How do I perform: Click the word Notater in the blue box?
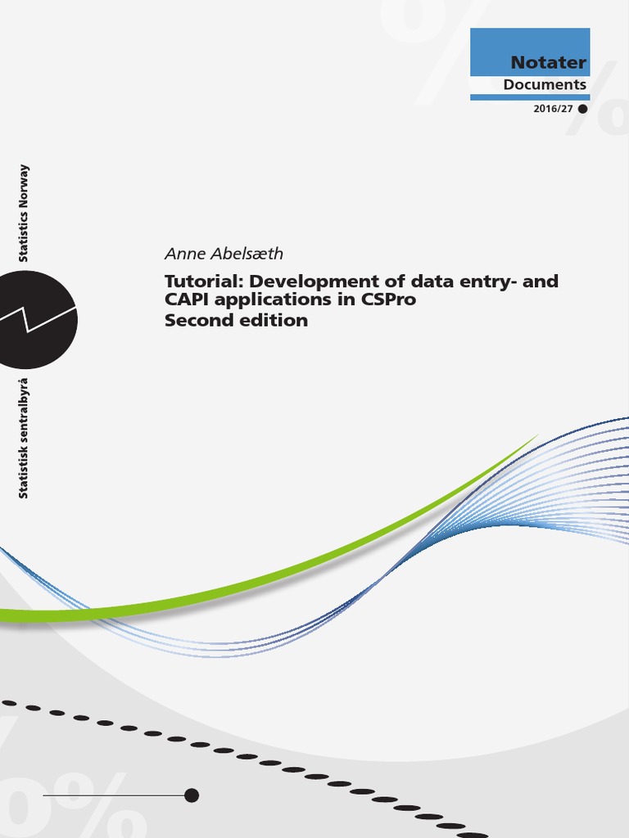coord(548,62)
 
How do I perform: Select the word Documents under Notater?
coord(545,84)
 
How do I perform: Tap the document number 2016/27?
coord(553,109)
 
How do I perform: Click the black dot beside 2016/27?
coord(582,109)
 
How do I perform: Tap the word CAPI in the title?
coord(188,300)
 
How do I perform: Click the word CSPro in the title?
coord(387,300)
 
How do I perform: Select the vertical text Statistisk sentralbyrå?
coord(24,438)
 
